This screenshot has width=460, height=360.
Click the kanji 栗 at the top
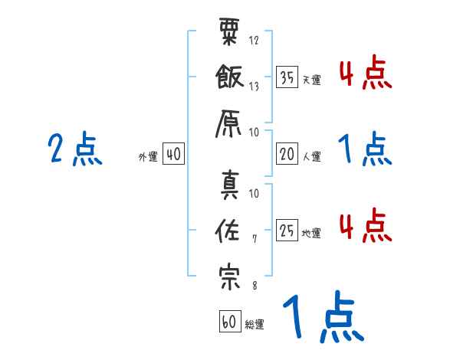coord(230,33)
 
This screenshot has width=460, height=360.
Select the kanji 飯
coord(230,77)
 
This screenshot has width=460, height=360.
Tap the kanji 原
coord(230,122)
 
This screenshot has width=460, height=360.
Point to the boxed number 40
coord(173,155)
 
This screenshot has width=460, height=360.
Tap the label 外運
coord(148,157)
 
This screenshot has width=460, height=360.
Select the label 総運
coord(255,324)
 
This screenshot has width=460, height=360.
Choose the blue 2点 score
coord(75,149)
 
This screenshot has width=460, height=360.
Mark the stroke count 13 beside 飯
coord(255,87)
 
